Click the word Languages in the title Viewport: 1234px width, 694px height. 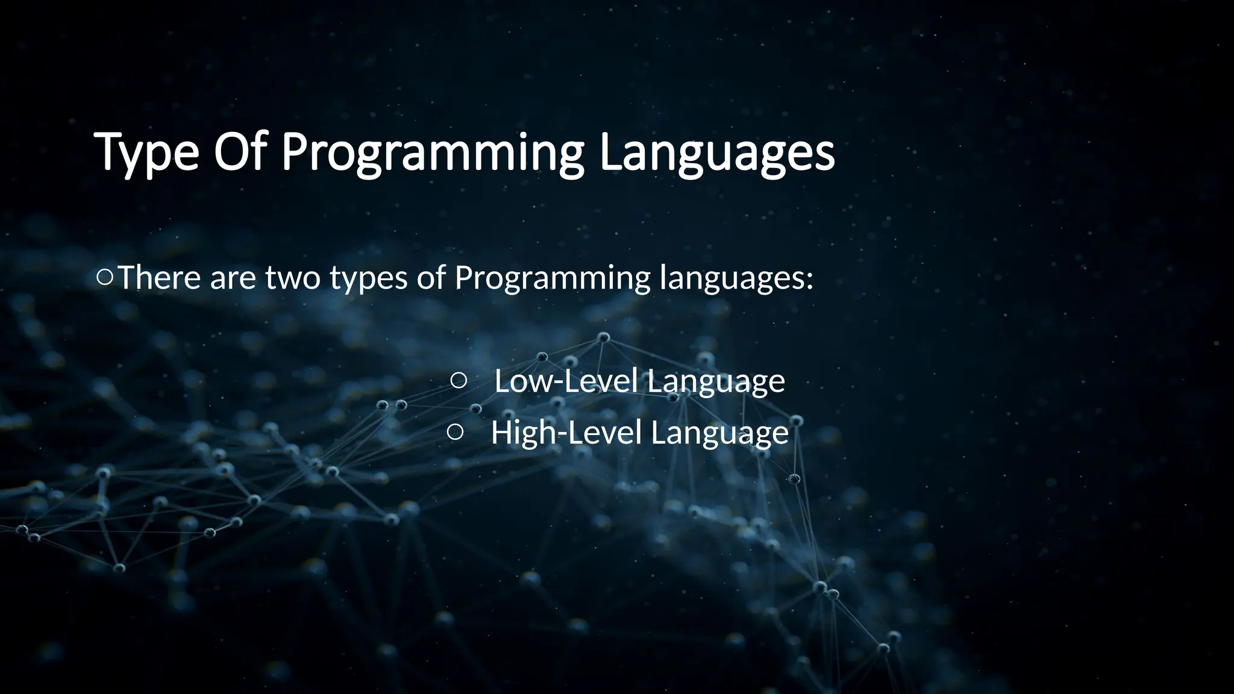(716, 153)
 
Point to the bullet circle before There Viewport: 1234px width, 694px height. (104, 278)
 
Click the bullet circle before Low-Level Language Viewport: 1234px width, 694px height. (458, 380)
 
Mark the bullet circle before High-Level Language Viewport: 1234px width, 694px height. (456, 431)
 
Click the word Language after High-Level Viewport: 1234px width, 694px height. (719, 434)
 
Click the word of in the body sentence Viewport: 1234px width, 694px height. (431, 278)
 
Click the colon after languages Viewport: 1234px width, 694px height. (809, 281)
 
